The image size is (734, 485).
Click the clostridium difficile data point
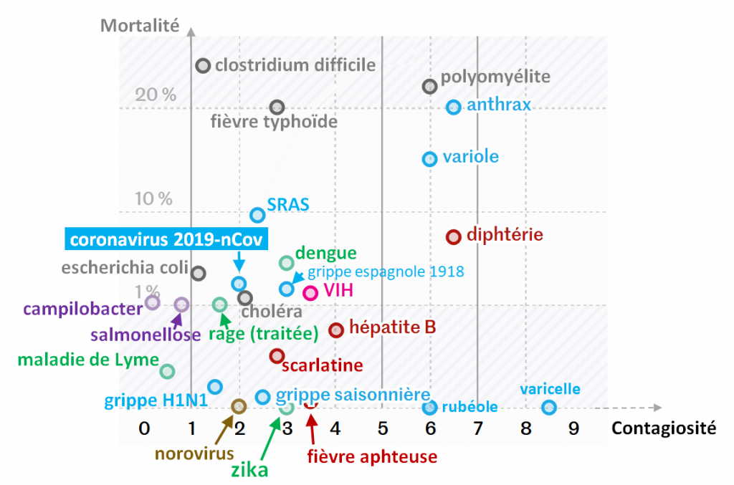coord(203,66)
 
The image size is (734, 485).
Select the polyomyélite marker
coord(429,86)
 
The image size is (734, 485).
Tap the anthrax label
coord(499,105)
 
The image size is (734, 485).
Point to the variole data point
coord(429,158)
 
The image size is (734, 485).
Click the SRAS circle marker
coord(257,214)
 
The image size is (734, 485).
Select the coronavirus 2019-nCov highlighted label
coord(166,239)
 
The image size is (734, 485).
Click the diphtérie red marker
coord(453,236)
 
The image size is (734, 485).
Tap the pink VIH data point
coord(310,292)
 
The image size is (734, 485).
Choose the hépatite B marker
coord(336,330)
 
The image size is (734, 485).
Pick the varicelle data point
coord(549,407)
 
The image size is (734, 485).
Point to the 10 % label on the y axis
coord(155,198)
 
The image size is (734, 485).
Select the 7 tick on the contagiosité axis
coord(478,428)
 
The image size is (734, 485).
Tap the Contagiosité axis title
coord(663,428)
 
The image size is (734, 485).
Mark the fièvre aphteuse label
coord(371,456)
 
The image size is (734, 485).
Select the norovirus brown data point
coord(238,406)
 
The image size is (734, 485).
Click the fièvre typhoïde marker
coord(277,107)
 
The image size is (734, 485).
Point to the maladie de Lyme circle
coord(167,371)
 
